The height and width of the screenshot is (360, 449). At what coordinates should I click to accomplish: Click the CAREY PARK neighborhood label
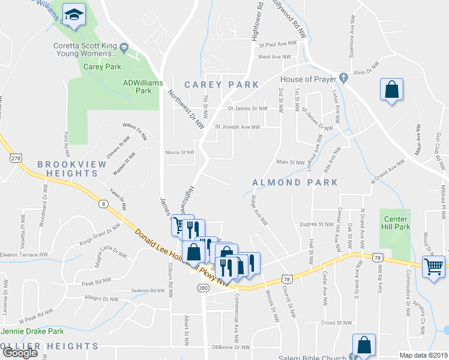221,85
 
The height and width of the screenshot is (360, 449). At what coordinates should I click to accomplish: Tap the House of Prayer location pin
343,77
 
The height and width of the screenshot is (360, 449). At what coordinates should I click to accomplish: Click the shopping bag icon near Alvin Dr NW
391,91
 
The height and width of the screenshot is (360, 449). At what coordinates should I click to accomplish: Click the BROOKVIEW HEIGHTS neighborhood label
68,169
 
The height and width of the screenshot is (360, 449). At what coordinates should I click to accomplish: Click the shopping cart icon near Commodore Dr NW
433,265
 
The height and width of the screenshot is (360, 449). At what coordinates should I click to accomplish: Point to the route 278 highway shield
15,158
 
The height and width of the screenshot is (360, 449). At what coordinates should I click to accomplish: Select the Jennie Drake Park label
33,331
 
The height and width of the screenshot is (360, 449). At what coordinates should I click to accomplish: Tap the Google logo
20,353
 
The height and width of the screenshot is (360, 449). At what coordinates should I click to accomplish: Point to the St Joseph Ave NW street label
238,127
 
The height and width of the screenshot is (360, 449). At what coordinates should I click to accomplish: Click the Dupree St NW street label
316,224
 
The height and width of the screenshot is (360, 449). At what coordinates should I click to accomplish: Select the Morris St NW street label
180,152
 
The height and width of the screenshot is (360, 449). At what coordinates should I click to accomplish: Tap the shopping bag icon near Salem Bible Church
364,346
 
